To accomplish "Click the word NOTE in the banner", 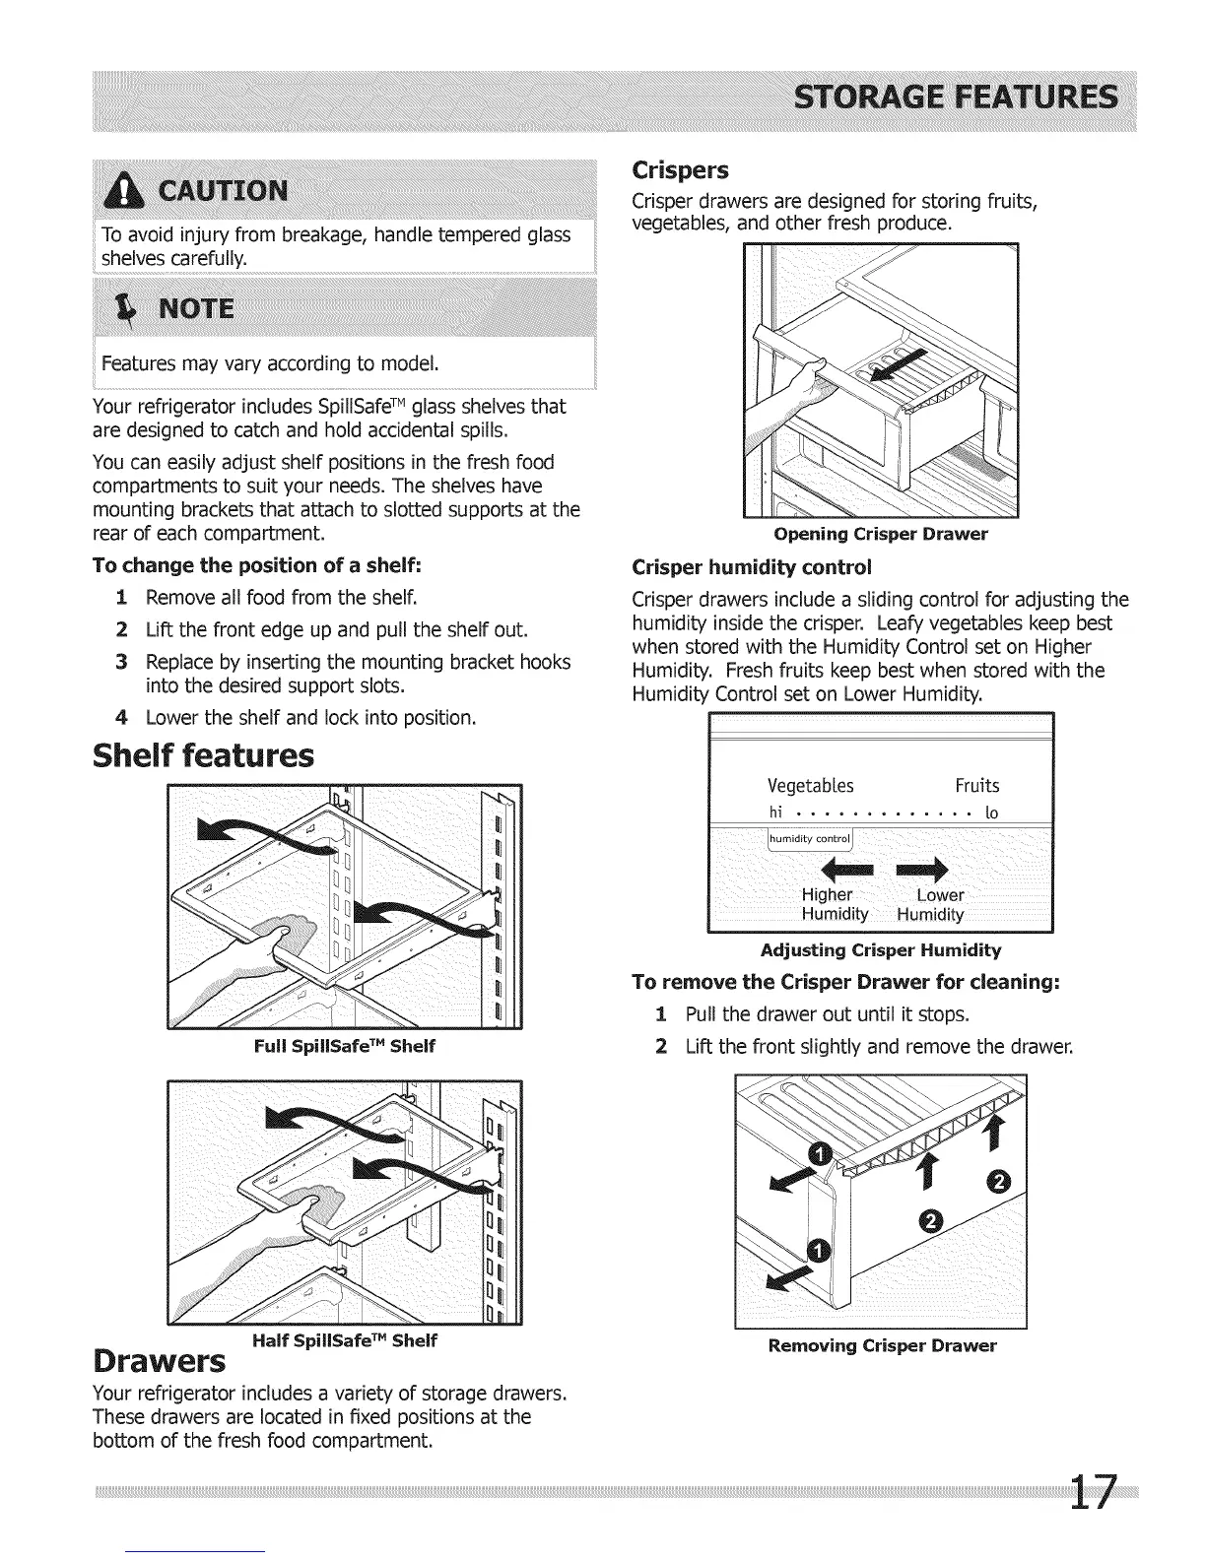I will click(x=197, y=310).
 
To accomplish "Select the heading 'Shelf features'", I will click(x=203, y=756).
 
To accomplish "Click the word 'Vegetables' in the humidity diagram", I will click(x=810, y=785).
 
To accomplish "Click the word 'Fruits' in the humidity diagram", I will click(x=976, y=785).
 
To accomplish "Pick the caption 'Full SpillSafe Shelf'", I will click(x=344, y=1046).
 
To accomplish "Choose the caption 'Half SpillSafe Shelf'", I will click(x=344, y=1340).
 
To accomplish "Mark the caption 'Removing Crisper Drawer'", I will click(x=882, y=1345).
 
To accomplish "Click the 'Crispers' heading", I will click(x=680, y=170).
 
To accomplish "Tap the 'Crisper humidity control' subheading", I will click(x=752, y=568).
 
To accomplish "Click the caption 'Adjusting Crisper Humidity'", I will click(x=881, y=950).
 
